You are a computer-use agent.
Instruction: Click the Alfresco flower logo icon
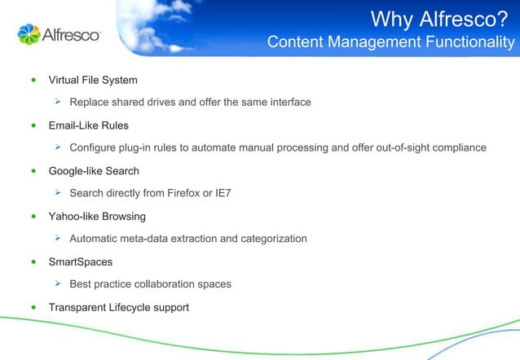point(28,34)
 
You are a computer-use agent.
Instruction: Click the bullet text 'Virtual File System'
point(93,80)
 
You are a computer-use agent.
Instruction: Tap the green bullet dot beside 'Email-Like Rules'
point(33,126)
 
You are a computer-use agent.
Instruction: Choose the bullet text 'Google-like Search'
point(94,171)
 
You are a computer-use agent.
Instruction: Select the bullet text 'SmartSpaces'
point(80,262)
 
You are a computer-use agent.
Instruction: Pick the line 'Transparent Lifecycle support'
point(119,307)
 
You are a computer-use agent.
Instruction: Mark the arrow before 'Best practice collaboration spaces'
point(59,284)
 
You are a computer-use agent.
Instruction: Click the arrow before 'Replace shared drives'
point(59,102)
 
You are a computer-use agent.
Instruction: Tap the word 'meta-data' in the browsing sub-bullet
point(151,239)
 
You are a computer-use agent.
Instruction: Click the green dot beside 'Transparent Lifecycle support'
point(33,308)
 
